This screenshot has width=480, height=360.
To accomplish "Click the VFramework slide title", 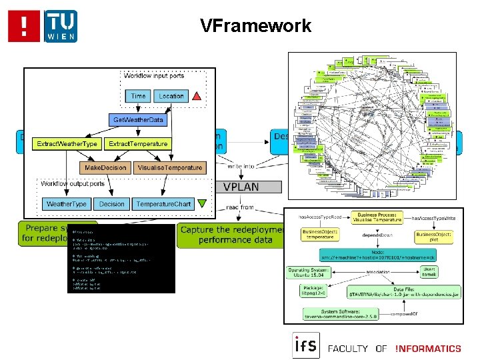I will pyautogui.click(x=255, y=26).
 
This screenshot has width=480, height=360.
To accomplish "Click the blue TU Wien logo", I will pyautogui.click(x=61, y=26).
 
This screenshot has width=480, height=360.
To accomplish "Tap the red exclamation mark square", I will pyautogui.click(x=24, y=26).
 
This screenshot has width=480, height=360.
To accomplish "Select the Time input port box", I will pyautogui.click(x=138, y=96).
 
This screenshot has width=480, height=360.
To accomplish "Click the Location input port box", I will pyautogui.click(x=171, y=96).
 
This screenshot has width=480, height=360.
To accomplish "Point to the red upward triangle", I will pyautogui.click(x=197, y=97).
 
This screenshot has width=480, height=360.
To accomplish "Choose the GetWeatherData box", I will pyautogui.click(x=138, y=120).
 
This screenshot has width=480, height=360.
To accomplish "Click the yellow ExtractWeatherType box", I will pyautogui.click(x=67, y=143).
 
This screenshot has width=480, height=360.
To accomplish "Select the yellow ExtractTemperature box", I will pyautogui.click(x=138, y=143).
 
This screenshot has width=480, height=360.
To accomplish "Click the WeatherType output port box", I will pyautogui.click(x=65, y=203).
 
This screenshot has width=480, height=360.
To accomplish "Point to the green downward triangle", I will pyautogui.click(x=202, y=204).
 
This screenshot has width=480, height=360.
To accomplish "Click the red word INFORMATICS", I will pyautogui.click(x=427, y=348).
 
